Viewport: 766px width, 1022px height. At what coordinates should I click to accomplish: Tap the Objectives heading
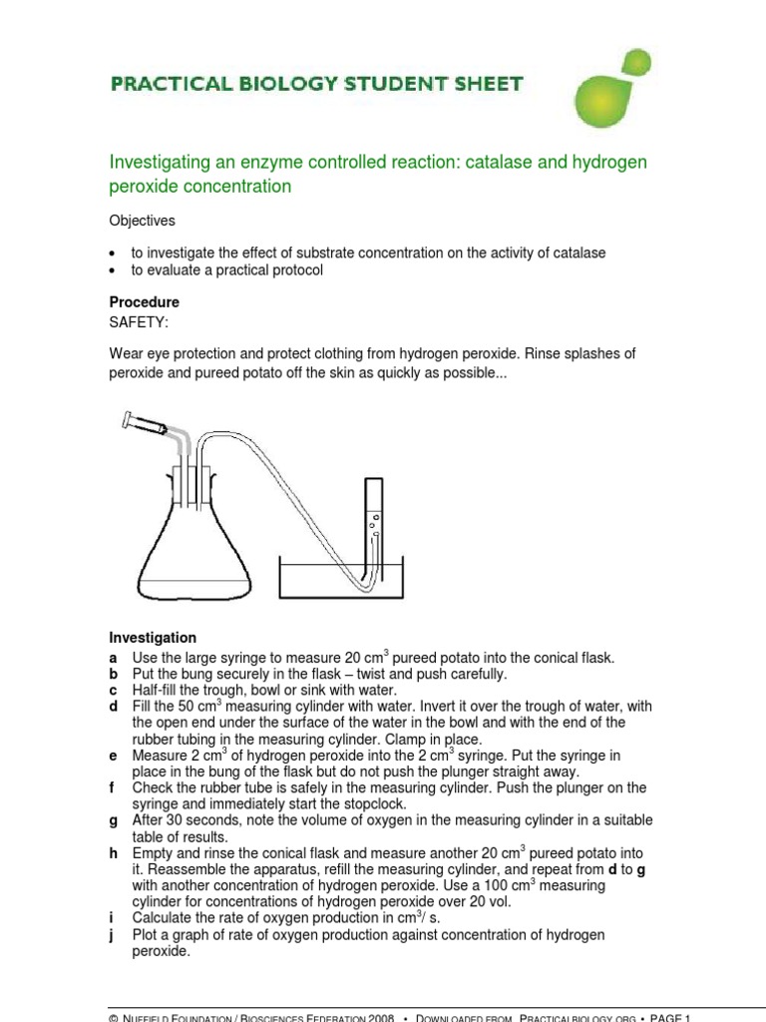pyautogui.click(x=142, y=220)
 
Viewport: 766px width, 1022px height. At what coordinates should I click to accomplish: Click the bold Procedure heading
pyautogui.click(x=144, y=301)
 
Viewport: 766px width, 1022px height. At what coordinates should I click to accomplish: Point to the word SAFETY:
pyautogui.click(x=139, y=321)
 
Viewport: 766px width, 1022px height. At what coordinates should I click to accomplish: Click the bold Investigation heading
pyautogui.click(x=152, y=638)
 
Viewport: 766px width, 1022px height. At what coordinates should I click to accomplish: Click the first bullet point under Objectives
pyautogui.click(x=113, y=254)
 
